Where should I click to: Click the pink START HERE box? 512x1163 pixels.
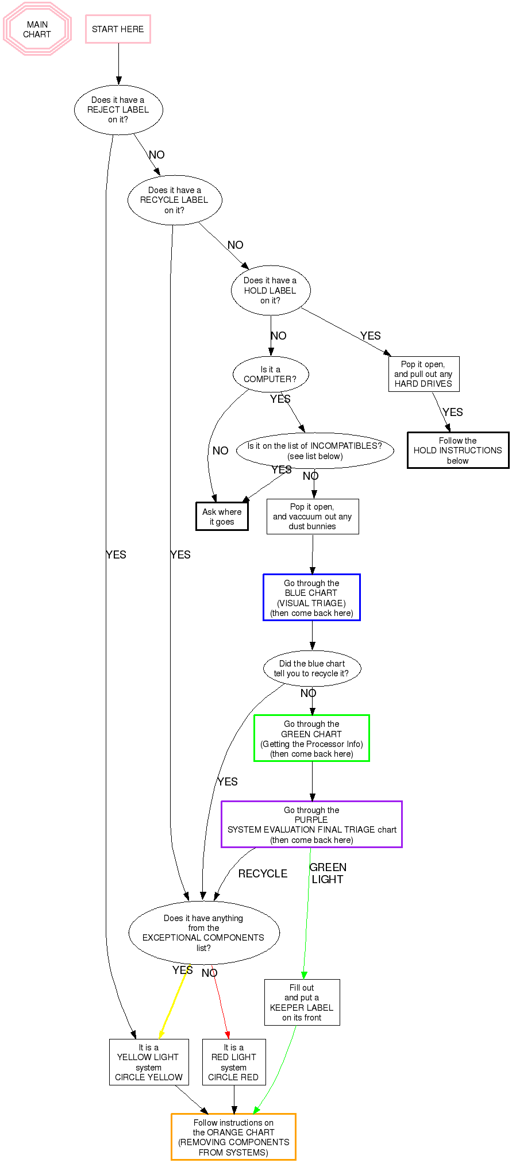[118, 29]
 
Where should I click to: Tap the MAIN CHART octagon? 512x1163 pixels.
[37, 29]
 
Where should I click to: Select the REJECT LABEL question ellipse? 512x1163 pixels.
[118, 110]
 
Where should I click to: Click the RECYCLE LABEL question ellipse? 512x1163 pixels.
[175, 200]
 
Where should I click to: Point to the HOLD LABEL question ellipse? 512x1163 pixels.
[271, 290]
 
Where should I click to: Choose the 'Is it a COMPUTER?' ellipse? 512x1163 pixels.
[271, 375]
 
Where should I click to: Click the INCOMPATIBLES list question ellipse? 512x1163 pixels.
[315, 451]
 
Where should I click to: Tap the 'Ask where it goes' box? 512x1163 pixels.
[222, 517]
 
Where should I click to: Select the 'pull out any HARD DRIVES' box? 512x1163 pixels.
[424, 374]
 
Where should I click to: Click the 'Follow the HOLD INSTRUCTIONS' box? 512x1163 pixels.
[458, 450]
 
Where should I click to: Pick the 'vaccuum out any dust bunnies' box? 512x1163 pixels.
[313, 517]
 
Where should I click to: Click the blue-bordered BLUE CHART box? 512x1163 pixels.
[311, 598]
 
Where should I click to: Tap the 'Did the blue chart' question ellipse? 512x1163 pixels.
[312, 668]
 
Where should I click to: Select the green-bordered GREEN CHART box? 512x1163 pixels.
[311, 738]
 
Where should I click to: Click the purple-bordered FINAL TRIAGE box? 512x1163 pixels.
[311, 825]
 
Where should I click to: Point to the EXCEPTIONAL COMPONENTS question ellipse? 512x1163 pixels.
[204, 933]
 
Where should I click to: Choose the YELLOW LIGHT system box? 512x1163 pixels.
[149, 1062]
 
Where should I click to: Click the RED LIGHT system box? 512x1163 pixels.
[234, 1062]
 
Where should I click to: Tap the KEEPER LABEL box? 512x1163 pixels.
[302, 1002]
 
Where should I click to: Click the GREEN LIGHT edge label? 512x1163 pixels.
[328, 873]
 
